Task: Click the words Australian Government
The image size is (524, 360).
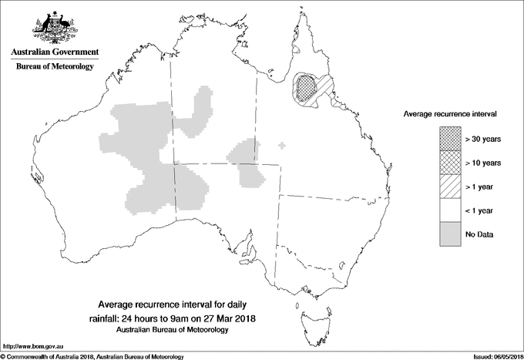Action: (55, 52)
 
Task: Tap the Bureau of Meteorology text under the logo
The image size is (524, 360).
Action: (55, 67)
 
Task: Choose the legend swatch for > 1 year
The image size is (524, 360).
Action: (449, 186)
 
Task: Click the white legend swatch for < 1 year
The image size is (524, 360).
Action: (449, 210)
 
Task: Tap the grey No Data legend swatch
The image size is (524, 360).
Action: (449, 234)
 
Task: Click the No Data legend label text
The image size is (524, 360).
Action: (479, 234)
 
